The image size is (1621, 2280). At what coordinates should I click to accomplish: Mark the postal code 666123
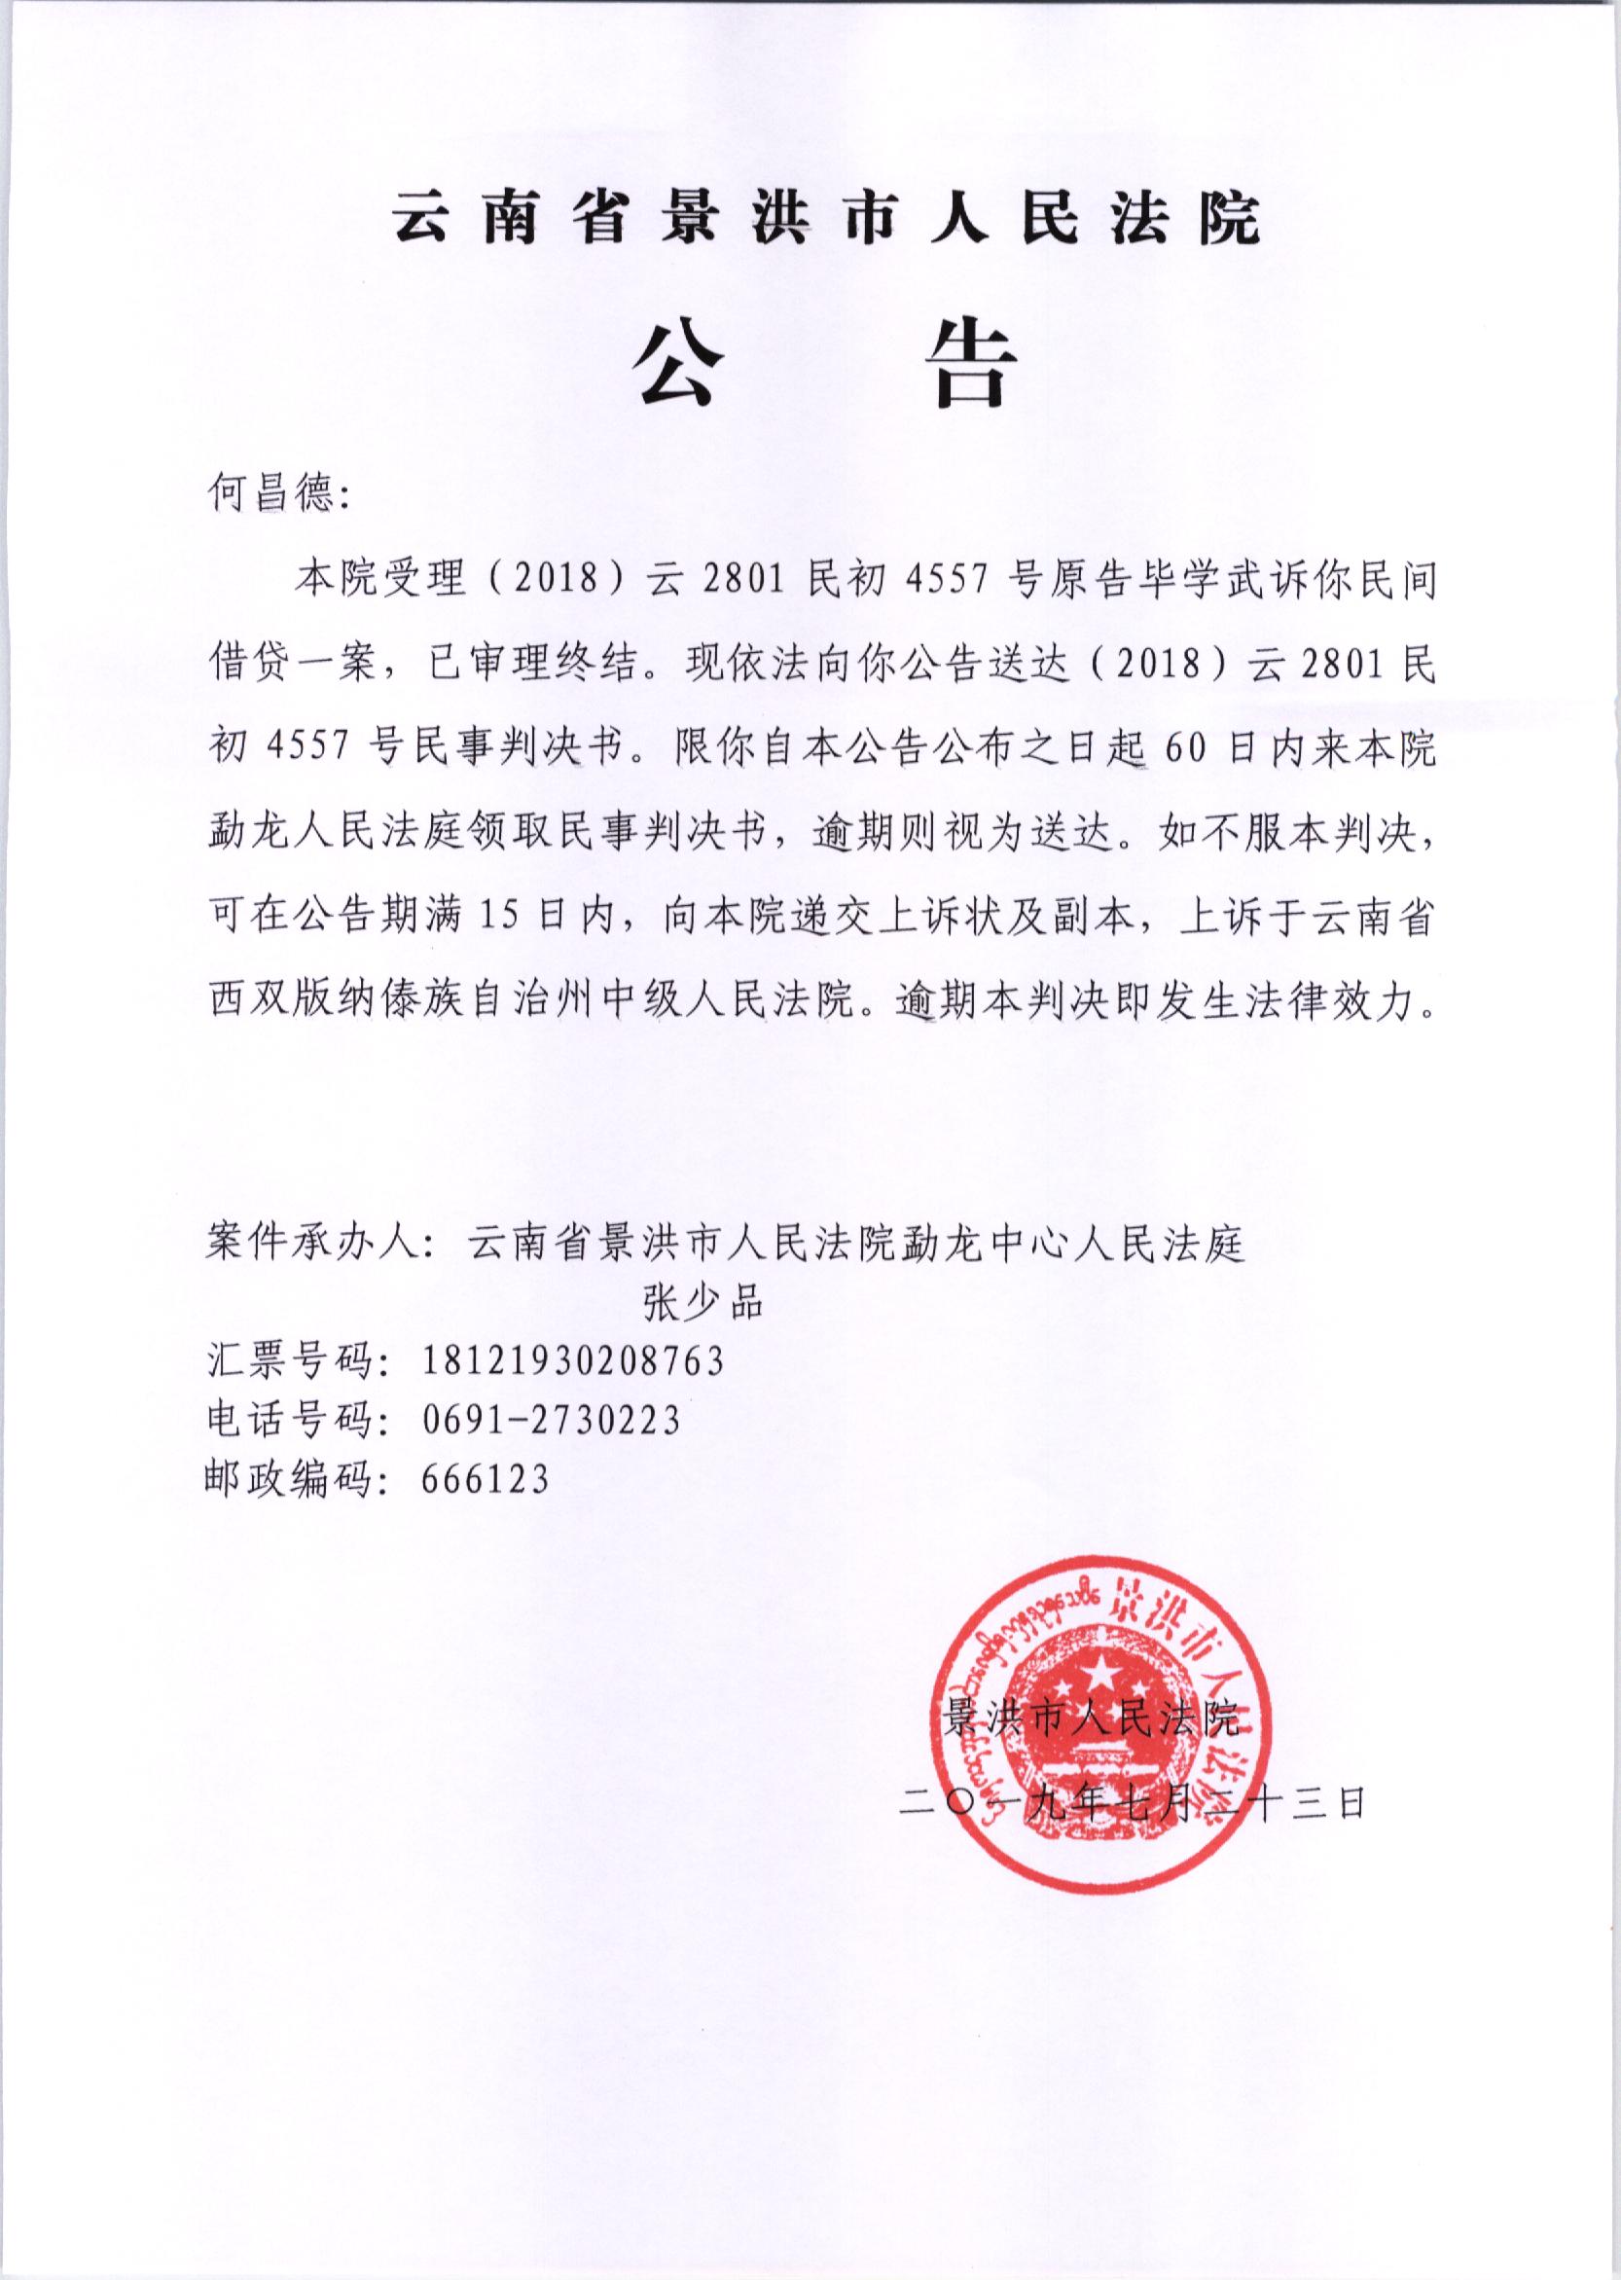point(486,1478)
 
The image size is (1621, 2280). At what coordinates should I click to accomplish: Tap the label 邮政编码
point(290,1478)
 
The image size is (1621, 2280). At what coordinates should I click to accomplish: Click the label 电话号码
point(290,1420)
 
